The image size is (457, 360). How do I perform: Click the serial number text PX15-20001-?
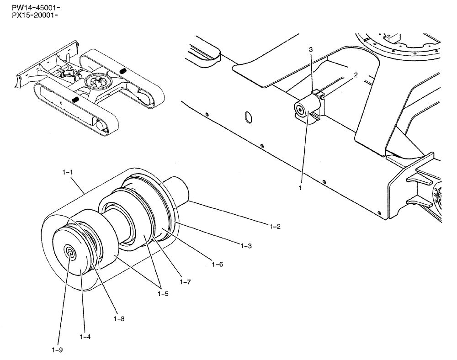coord(30,16)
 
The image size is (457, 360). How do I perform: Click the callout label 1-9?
coord(57,350)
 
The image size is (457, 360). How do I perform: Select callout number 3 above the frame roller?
coord(311,49)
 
